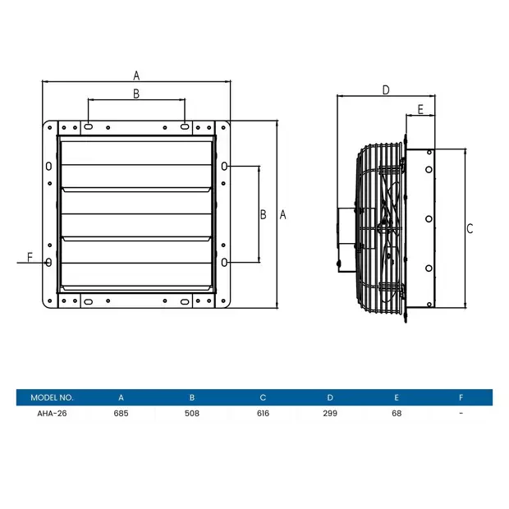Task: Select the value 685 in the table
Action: (121, 413)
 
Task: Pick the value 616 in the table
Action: (262, 413)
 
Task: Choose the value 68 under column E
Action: (397, 413)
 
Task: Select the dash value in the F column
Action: (461, 413)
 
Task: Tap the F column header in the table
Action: (461, 397)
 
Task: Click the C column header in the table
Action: (262, 397)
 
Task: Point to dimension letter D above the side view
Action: (385, 90)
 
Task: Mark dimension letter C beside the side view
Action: (470, 229)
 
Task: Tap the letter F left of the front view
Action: (30, 257)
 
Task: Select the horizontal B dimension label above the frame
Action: (136, 94)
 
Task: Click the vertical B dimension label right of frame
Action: (263, 214)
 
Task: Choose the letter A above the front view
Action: (136, 75)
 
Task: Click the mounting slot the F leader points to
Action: (49, 263)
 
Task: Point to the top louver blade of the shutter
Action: (136, 151)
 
